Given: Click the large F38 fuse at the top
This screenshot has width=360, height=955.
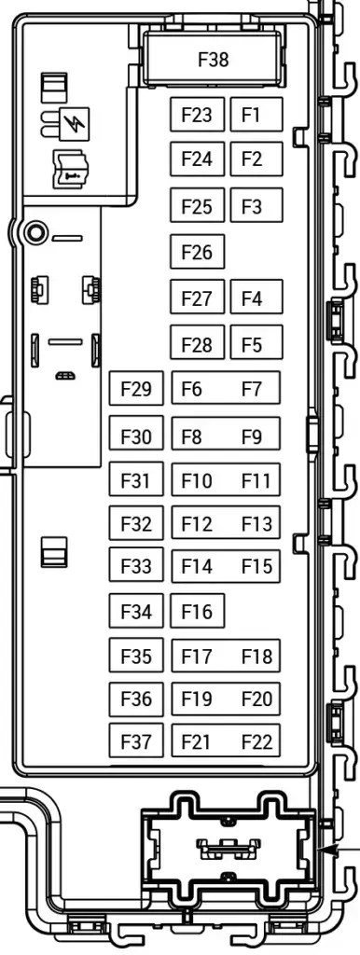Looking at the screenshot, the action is pyautogui.click(x=213, y=60).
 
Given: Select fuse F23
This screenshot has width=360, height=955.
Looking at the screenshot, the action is pyautogui.click(x=197, y=115).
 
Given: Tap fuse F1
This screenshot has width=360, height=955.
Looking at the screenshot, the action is pyautogui.click(x=251, y=115).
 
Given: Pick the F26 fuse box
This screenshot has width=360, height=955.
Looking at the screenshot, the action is pyautogui.click(x=197, y=252).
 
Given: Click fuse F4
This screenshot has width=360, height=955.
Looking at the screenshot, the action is pyautogui.click(x=252, y=298).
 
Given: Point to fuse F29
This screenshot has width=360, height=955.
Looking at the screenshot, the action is pyautogui.click(x=136, y=389).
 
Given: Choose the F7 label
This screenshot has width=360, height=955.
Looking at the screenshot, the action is pyautogui.click(x=252, y=389).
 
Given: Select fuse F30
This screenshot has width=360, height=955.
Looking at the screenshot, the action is pyautogui.click(x=136, y=436).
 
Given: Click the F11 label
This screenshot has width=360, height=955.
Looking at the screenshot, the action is pyautogui.click(x=256, y=481).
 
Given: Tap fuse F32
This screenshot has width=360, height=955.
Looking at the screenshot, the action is pyautogui.click(x=136, y=523).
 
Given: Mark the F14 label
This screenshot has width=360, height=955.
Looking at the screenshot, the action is pyautogui.click(x=197, y=566).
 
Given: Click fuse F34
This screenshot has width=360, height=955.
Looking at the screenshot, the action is pyautogui.click(x=136, y=612).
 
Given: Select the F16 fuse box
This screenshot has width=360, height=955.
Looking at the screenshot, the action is pyautogui.click(x=197, y=612).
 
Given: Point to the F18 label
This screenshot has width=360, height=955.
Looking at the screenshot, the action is pyautogui.click(x=256, y=657).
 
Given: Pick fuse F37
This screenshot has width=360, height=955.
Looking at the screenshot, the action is pyautogui.click(x=136, y=741).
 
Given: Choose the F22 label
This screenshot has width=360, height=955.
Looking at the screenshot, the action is pyautogui.click(x=256, y=741).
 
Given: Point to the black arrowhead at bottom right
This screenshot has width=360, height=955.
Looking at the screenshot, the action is pyautogui.click(x=325, y=850).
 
